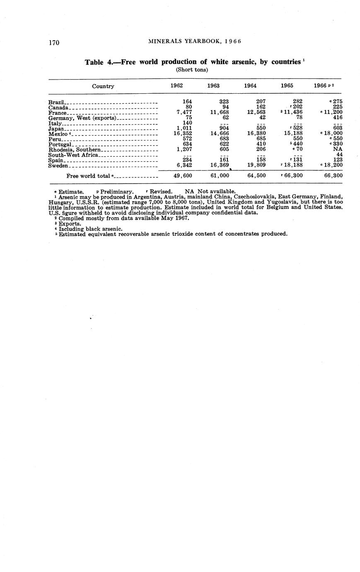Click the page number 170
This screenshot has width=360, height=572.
54,43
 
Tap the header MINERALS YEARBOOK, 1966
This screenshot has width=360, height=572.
194,41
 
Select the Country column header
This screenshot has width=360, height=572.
103,86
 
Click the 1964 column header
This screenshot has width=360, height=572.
250,86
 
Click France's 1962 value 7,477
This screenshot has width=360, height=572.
183,112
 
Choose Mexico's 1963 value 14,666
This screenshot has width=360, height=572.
220,133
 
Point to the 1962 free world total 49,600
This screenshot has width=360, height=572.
182,176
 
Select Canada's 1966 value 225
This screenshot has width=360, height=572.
338,107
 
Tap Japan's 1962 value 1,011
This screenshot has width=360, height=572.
183,128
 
